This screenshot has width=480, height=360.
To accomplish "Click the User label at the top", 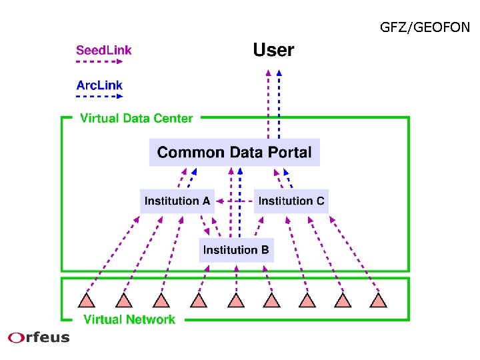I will (273, 50).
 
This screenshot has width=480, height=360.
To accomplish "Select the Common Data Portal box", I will (235, 152).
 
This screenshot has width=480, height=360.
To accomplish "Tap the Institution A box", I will (177, 201).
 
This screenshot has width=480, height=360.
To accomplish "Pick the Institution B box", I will (236, 250).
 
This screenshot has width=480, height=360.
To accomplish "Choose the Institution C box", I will (291, 201).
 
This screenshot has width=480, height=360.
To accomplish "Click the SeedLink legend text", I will (104, 50).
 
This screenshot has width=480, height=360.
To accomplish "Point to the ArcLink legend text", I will (99, 85).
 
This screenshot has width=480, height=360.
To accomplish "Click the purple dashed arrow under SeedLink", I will (99, 62).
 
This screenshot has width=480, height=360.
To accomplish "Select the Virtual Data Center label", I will (137, 119).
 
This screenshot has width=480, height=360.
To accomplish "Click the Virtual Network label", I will (129, 319).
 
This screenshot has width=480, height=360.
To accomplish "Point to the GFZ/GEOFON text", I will (425, 27).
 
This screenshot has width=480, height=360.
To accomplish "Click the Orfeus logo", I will (39, 337).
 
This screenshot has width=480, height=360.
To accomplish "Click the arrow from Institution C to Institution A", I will (235, 200).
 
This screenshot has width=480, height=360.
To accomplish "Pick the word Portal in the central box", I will (287, 152).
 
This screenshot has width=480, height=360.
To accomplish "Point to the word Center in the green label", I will (174, 119).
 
